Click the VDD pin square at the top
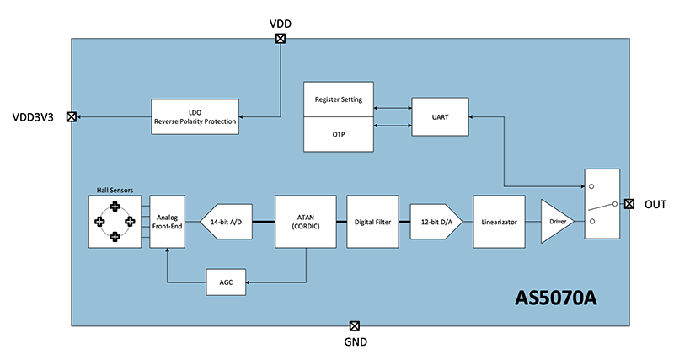(281, 38)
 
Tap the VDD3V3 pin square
(72, 117)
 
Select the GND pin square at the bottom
(354, 325)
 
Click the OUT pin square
(629, 204)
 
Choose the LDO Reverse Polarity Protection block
(195, 116)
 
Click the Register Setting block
(338, 100)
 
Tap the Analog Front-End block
(167, 222)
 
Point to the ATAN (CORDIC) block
(306, 222)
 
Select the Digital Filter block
(372, 222)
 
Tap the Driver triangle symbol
(554, 222)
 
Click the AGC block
(226, 282)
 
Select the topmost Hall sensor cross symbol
(115, 207)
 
